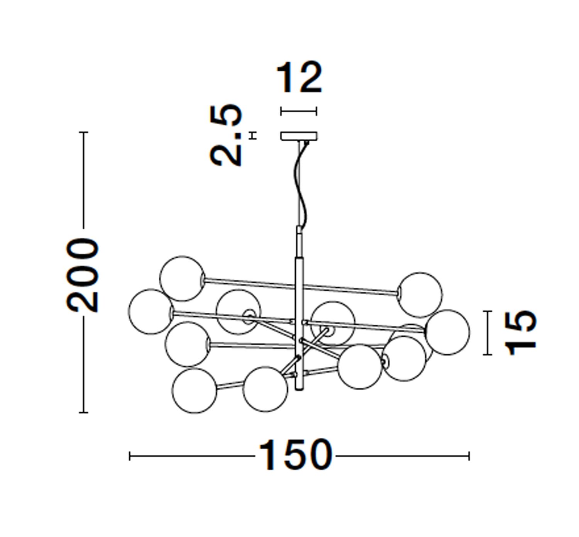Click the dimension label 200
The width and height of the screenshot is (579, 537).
pos(83,275)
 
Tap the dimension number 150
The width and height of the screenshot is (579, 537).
pos(295,455)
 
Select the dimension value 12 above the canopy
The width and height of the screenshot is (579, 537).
pos(299,77)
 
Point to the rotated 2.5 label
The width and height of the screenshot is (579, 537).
pos(226,135)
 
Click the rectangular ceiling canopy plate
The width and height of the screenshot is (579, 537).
pos(299,136)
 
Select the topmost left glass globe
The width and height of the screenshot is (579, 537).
pos(182,278)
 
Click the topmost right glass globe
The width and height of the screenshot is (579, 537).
pos(420,295)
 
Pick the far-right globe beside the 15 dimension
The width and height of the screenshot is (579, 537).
pos(447,332)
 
